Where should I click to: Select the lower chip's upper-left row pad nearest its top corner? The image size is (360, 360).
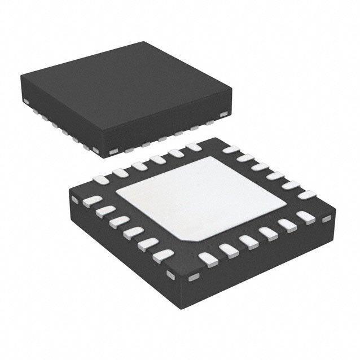193,147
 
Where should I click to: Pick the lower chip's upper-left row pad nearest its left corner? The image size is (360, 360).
102,180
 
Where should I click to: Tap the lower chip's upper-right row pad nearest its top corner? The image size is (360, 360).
230,150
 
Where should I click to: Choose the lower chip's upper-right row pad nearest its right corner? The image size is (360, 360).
306,195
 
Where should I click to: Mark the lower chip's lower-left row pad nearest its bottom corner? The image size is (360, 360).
163,256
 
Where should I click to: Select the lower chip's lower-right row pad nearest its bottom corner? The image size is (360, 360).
208,259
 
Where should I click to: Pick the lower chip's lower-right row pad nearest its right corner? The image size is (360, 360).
305,217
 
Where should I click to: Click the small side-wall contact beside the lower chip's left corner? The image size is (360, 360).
74,199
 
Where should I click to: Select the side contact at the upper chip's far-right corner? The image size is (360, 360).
224,115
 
